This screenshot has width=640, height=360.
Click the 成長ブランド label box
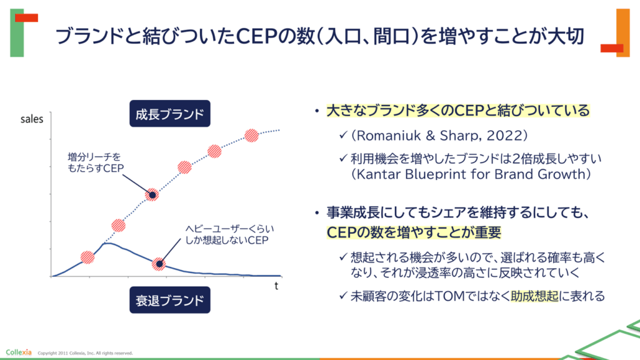click(x=170, y=114)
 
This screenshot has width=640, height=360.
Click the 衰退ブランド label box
click(x=170, y=300)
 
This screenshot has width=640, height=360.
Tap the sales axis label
click(x=32, y=119)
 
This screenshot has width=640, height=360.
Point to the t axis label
click(x=276, y=286)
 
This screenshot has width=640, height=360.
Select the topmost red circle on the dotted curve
click(x=251, y=135)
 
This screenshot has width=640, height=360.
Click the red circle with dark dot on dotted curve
click(x=152, y=195)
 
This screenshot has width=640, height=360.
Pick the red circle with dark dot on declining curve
click(x=159, y=264)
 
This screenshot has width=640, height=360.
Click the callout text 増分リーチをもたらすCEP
click(x=96, y=162)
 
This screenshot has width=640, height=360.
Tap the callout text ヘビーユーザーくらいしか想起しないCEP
click(x=229, y=234)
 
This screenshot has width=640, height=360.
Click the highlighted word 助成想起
click(x=535, y=296)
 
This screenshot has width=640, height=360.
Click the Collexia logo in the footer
click(x=18, y=352)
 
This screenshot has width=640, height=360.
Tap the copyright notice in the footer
click(x=85, y=353)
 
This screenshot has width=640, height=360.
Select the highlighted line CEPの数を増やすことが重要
click(x=414, y=232)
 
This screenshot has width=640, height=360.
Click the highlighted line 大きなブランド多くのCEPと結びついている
click(x=458, y=111)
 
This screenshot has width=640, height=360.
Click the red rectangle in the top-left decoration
click(x=26, y=18)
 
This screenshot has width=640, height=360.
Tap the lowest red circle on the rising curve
click(x=87, y=257)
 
